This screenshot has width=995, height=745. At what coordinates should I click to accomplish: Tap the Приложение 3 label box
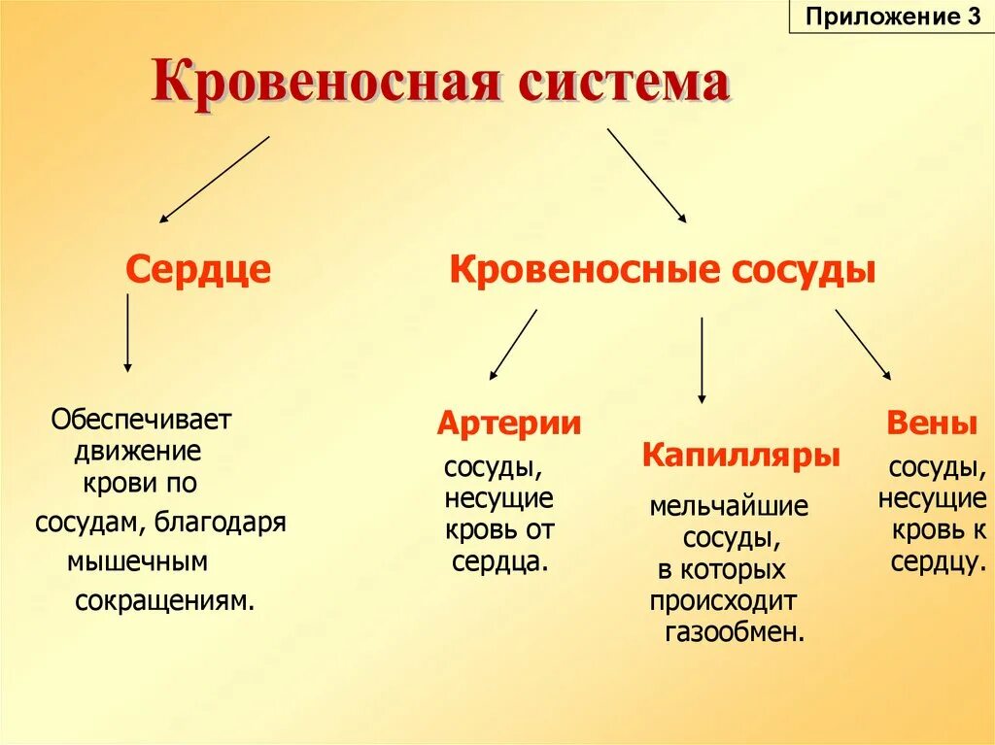[891, 17]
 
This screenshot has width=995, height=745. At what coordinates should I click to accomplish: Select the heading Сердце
[198, 269]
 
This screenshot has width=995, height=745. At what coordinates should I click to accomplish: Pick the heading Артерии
[508, 423]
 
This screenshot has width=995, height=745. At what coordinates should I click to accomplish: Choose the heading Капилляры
[740, 455]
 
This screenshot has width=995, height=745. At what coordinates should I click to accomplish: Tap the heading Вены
[931, 423]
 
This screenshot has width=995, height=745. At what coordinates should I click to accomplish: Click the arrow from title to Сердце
[215, 180]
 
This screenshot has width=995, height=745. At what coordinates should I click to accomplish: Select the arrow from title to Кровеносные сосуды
[647, 177]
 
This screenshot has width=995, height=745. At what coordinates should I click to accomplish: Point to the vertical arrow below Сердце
[127, 332]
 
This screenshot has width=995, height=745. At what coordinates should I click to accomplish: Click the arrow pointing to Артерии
[513, 344]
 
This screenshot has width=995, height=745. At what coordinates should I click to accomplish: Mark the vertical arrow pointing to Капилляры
[702, 359]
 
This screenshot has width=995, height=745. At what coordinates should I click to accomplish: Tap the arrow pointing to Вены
[863, 344]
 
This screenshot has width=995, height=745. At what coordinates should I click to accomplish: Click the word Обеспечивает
[142, 422]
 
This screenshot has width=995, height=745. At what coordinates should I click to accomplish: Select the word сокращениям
[164, 600]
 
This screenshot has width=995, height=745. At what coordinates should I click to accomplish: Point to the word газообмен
[735, 632]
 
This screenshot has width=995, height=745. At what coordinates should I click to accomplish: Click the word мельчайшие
[728, 507]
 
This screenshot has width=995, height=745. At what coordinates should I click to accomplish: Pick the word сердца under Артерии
[499, 561]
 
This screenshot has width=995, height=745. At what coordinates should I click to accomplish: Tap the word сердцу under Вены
[932, 561]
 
